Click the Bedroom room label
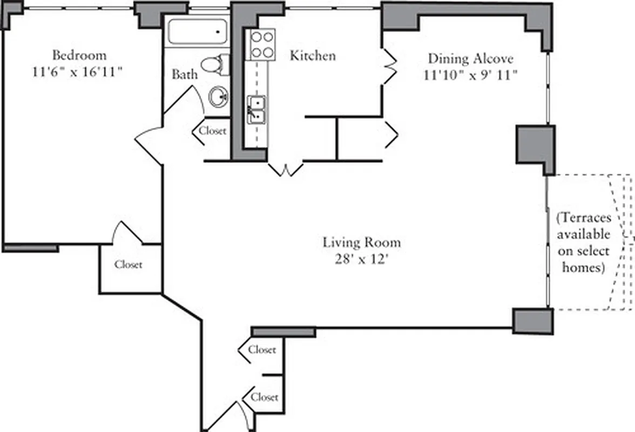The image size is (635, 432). tap(79, 55)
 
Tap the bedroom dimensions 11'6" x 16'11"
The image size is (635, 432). tap(79, 72)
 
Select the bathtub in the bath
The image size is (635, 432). tap(197, 32)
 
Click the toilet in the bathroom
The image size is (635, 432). tap(218, 64)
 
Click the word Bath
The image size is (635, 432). tap(185, 74)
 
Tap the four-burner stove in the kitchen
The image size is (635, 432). tap(261, 44)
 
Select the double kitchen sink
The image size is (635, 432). tap(256, 109)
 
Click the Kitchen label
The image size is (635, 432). tap(313, 56)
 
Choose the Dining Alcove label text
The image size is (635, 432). tap(470, 58)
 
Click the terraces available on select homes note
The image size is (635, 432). tap(583, 242)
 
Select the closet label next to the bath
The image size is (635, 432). tap(213, 131)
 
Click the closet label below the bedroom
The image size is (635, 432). tap(129, 265)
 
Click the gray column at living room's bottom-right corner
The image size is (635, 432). tap(532, 321)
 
